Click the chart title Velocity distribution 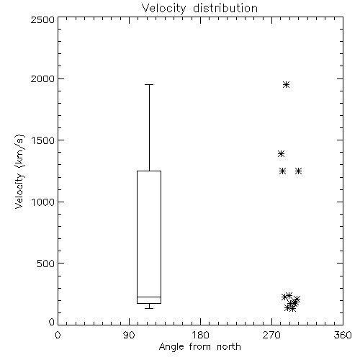(x=199, y=8)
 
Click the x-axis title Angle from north (x=199, y=346)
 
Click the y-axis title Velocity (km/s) (x=19, y=171)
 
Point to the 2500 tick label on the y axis (x=42, y=19)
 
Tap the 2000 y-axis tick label (x=42, y=78)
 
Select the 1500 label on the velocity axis (x=43, y=140)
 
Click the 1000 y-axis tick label (x=43, y=202)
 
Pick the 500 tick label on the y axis (x=46, y=264)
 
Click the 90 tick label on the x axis (x=129, y=335)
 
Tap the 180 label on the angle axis (x=200, y=335)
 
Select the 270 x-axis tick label (x=271, y=335)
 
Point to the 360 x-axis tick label (x=343, y=335)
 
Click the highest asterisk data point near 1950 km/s (x=286, y=84)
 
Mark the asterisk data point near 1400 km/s (x=281, y=153)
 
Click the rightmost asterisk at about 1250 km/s (x=298, y=171)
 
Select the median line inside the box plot (x=149, y=297)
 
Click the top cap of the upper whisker (x=149, y=84)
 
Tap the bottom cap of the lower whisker (x=149, y=308)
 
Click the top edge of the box (x=149, y=171)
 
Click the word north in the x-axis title (x=229, y=346)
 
